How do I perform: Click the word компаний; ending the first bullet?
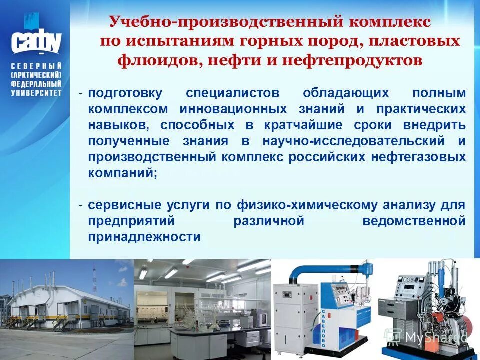(123, 173)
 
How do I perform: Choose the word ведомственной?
(414, 221)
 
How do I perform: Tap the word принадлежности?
(145, 237)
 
